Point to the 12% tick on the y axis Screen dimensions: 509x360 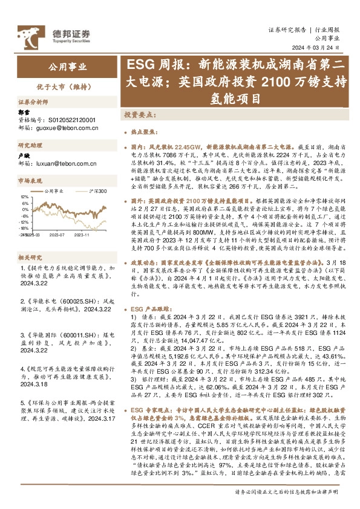click(25, 197)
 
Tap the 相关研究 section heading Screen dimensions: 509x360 click(28, 241)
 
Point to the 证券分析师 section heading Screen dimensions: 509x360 click(31, 102)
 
